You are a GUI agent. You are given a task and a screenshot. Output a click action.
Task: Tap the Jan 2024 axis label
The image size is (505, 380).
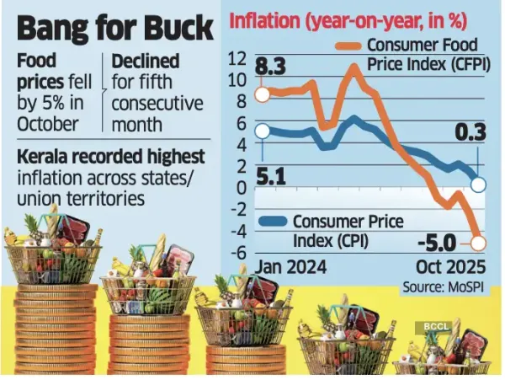(x=290, y=267)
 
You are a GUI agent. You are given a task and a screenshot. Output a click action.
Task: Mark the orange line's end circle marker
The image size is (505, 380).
(x=480, y=244)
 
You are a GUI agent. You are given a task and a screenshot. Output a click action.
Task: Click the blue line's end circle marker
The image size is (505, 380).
(x=479, y=183)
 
